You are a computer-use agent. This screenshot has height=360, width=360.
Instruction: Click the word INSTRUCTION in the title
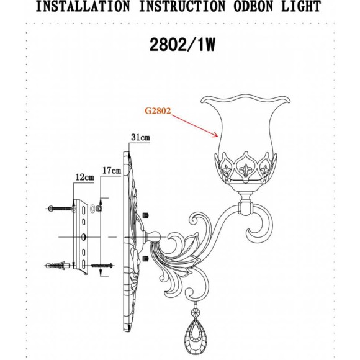point(180,7)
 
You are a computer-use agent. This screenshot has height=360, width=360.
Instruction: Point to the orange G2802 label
point(157,112)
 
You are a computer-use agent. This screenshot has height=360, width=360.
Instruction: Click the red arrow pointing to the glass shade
point(196,125)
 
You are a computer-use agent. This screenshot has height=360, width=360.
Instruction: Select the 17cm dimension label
point(112,169)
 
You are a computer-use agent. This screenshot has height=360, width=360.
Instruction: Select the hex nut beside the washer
point(97,209)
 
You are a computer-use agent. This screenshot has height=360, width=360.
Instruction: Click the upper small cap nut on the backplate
point(146,215)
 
